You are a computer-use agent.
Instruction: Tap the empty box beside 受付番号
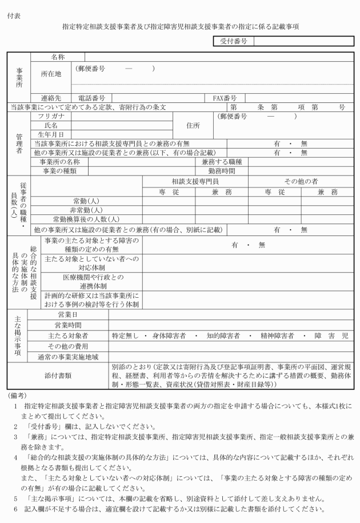[x=303, y=41]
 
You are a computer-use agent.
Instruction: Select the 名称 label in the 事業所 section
[x=58, y=57]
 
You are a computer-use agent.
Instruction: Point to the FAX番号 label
[x=225, y=98]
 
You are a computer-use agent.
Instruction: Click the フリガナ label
[x=51, y=116]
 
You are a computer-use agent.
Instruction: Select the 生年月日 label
[x=51, y=134]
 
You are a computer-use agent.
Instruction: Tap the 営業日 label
[x=67, y=315]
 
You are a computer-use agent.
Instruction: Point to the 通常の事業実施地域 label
[x=67, y=356]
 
